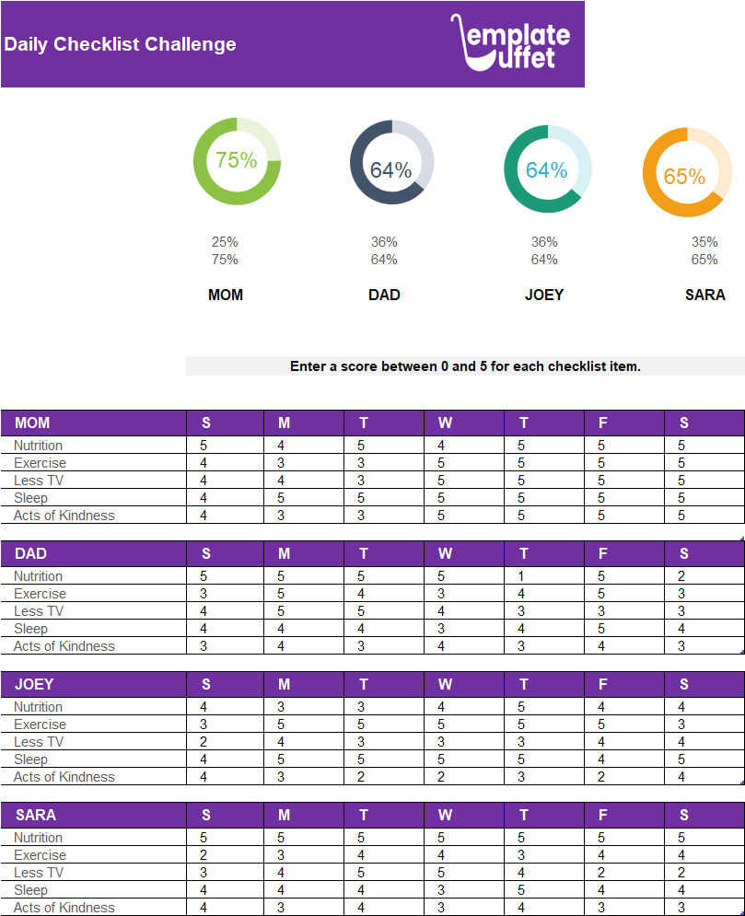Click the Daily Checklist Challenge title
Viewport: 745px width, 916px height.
[x=120, y=44]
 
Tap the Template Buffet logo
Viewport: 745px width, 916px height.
[x=512, y=42]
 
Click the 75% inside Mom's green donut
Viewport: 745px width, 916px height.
[x=237, y=160]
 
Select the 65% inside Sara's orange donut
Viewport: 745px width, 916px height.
[x=684, y=176]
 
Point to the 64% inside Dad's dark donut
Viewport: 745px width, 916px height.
[x=390, y=169]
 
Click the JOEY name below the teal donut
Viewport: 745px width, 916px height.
[x=544, y=295]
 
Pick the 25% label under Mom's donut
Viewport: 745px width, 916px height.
[x=225, y=242]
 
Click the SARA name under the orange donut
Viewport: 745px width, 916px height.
[x=704, y=295]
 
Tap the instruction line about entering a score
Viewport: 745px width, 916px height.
[x=465, y=366]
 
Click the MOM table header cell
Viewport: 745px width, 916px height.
[x=33, y=423]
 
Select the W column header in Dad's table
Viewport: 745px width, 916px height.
[x=445, y=553]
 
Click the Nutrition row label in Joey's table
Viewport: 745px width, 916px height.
[x=39, y=707]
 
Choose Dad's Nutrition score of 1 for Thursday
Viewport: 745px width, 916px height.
[x=521, y=576]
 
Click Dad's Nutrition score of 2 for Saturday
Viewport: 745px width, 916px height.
[x=681, y=576]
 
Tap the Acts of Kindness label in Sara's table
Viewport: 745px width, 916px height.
[x=64, y=908]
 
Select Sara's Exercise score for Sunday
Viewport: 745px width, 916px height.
[x=204, y=855]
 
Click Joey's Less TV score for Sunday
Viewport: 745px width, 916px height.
[x=204, y=742]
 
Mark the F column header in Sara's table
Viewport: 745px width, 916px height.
[x=602, y=815]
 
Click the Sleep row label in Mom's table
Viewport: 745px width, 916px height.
[x=30, y=498]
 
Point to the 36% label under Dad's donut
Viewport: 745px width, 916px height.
[x=384, y=242]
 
